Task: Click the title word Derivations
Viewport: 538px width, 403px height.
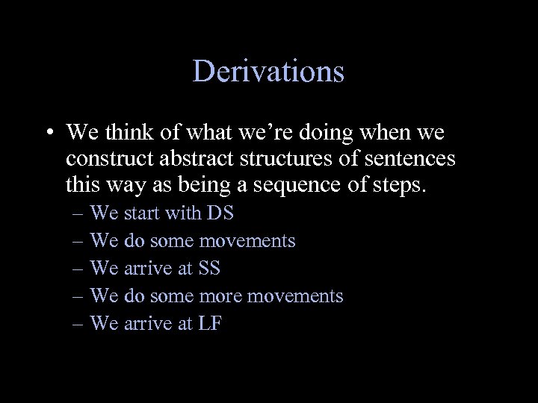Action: point(268,72)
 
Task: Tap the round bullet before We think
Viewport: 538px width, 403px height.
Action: point(47,134)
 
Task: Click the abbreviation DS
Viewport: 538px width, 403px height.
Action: point(220,213)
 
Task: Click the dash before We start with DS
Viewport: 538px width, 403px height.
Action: point(79,214)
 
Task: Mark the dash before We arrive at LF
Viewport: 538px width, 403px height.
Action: point(79,324)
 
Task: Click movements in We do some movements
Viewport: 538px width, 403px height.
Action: point(247,241)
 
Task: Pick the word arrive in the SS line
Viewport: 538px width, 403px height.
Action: point(148,269)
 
